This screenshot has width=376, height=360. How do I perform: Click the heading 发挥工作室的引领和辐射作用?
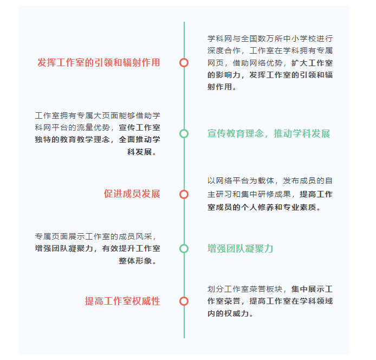click(99, 62)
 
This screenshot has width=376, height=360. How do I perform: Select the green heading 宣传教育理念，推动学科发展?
click(269, 133)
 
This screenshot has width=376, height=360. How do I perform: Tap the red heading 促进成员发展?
click(132, 194)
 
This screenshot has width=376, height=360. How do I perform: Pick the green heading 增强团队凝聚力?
click(240, 248)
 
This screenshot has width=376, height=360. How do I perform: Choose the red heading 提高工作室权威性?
click(122, 301)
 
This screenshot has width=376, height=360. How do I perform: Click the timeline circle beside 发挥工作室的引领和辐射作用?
click(184, 63)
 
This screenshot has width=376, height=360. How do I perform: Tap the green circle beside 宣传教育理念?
click(184, 134)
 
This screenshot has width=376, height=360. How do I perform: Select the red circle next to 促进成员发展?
click(184, 194)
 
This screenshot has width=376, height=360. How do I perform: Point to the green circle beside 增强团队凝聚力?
click(184, 249)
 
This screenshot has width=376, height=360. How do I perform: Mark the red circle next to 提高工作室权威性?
click(184, 301)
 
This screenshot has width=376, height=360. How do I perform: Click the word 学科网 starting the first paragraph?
click(220, 38)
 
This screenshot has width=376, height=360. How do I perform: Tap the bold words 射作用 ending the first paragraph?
click(220, 87)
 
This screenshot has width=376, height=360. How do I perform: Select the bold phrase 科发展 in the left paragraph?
click(140, 152)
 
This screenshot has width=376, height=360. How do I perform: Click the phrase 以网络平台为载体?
click(241, 181)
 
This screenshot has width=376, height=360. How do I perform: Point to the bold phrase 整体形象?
click(135, 261)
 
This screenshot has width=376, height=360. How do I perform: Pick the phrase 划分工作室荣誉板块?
click(245, 289)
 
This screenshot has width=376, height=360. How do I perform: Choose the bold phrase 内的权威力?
click(228, 313)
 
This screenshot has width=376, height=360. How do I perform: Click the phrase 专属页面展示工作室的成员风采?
click(94, 236)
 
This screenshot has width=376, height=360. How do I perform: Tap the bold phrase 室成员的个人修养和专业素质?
click(262, 207)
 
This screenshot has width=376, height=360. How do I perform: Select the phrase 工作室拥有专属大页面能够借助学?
click(98, 115)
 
